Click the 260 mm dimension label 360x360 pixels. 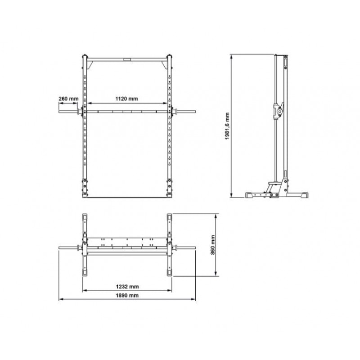[68, 99]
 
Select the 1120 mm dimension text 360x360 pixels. [126, 99]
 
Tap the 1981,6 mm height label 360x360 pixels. [227, 126]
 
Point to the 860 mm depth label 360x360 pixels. [212, 245]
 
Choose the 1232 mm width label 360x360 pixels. [127, 287]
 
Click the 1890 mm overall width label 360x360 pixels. [127, 295]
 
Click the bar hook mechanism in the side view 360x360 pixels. [279, 111]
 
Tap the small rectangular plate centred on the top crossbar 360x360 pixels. [126, 59]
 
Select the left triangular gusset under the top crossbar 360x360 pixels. [90, 64]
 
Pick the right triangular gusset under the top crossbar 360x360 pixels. [164, 64]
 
